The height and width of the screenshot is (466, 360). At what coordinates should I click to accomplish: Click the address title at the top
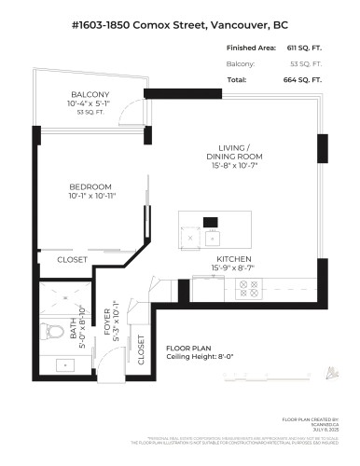pyautogui.click(x=180, y=22)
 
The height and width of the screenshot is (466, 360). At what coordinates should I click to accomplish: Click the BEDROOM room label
pyautogui.click(x=90, y=185)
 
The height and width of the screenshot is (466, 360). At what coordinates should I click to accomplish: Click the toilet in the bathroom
pyautogui.click(x=48, y=327)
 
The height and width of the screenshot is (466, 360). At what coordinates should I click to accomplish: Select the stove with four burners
pyautogui.click(x=250, y=289)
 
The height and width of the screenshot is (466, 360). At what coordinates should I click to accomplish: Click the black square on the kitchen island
pyautogui.click(x=211, y=222)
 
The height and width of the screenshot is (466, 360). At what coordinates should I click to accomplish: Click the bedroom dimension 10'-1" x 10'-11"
pyautogui.click(x=90, y=196)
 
